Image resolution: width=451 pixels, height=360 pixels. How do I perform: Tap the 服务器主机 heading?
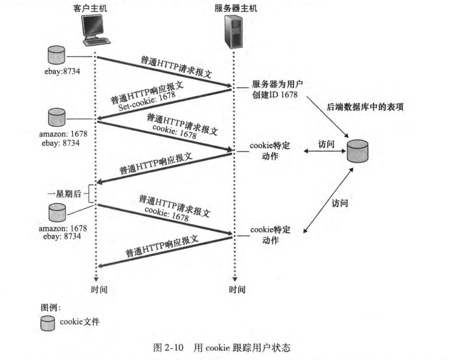point(236,8)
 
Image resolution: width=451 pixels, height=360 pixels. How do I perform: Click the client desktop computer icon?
point(94,30)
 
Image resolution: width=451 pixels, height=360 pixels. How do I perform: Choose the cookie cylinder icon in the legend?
point(48,324)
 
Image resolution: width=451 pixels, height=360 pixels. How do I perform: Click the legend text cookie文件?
point(79,322)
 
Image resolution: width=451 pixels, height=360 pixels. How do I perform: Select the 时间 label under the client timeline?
point(99,290)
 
